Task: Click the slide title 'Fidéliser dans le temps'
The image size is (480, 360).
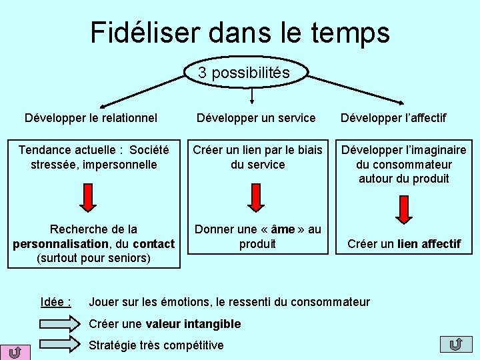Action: tap(240, 32)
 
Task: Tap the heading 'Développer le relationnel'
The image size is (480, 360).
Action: tap(91, 118)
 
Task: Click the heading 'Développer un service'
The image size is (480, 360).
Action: tap(255, 118)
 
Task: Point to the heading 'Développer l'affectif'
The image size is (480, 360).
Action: tap(393, 118)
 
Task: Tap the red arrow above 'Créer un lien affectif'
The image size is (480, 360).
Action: tap(403, 211)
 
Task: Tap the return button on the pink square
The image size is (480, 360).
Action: tap(15, 351)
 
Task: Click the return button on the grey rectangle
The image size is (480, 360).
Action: tap(457, 344)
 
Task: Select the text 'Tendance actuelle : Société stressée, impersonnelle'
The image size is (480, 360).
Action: tap(93, 157)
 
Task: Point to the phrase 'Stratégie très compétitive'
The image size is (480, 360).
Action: tap(157, 345)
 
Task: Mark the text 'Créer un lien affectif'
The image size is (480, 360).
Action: tap(403, 244)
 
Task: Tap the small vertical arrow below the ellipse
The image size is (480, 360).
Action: tap(251, 97)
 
